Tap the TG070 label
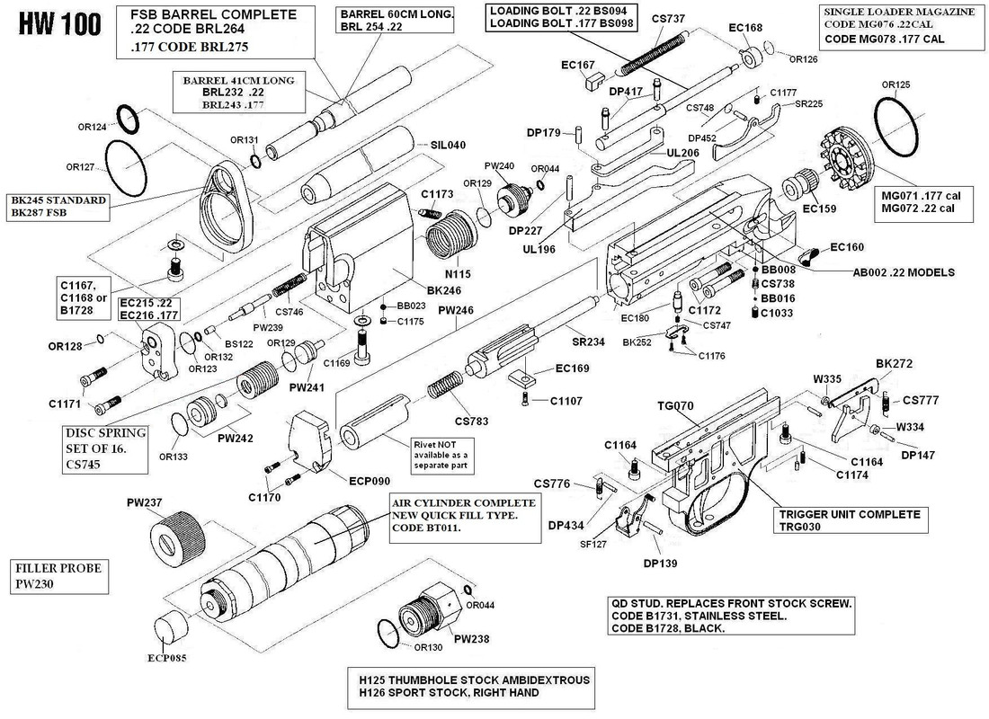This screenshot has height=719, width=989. point(676,406)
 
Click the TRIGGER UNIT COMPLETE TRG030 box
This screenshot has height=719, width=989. point(850,521)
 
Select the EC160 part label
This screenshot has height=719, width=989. point(846,247)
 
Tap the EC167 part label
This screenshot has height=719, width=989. point(578,65)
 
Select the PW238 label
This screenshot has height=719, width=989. point(472,639)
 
